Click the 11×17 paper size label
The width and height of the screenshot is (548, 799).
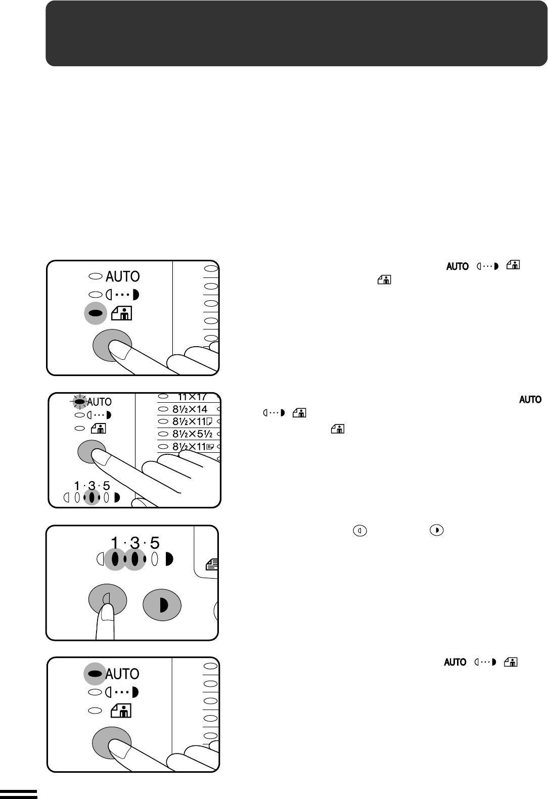(x=190, y=397)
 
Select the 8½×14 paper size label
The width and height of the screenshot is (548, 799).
(x=190, y=409)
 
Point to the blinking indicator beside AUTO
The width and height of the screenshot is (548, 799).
(x=78, y=402)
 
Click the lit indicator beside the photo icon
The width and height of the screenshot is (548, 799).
(x=95, y=313)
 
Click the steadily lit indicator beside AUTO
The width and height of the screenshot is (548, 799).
(x=95, y=674)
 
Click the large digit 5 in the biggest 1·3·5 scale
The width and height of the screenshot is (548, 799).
(x=155, y=543)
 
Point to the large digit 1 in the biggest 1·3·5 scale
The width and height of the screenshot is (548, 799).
(x=115, y=543)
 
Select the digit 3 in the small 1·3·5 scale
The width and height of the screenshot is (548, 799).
(x=92, y=486)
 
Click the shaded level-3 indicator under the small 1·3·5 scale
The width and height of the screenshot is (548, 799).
(x=92, y=498)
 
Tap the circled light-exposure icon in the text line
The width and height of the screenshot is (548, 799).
(x=359, y=531)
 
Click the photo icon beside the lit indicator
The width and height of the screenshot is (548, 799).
(x=124, y=313)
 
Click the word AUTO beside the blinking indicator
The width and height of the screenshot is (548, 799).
(x=99, y=402)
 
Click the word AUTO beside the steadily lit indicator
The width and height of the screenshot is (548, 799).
(x=122, y=674)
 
